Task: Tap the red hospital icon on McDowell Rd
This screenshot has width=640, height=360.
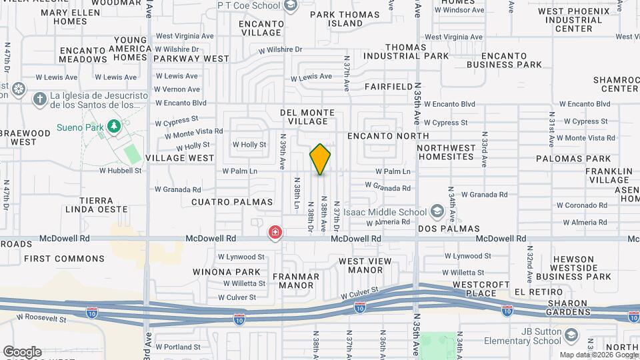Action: pyautogui.click(x=275, y=233)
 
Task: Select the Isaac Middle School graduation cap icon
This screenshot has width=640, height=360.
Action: pyautogui.click(x=437, y=212)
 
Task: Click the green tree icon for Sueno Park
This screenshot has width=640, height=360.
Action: pyautogui.click(x=114, y=125)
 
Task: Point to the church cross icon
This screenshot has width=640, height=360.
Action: pyautogui.click(x=39, y=99)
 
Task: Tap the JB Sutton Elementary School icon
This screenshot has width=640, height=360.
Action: pyautogui.click(x=571, y=335)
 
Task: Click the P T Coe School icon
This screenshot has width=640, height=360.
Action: pyautogui.click(x=290, y=6)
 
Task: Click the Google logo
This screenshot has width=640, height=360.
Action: pyautogui.click(x=22, y=351)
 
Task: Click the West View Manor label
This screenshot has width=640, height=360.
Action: pyautogui.click(x=361, y=265)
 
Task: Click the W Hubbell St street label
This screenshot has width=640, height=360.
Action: pyautogui.click(x=121, y=170)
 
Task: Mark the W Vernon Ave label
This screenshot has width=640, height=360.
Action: pyautogui.click(x=177, y=89)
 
